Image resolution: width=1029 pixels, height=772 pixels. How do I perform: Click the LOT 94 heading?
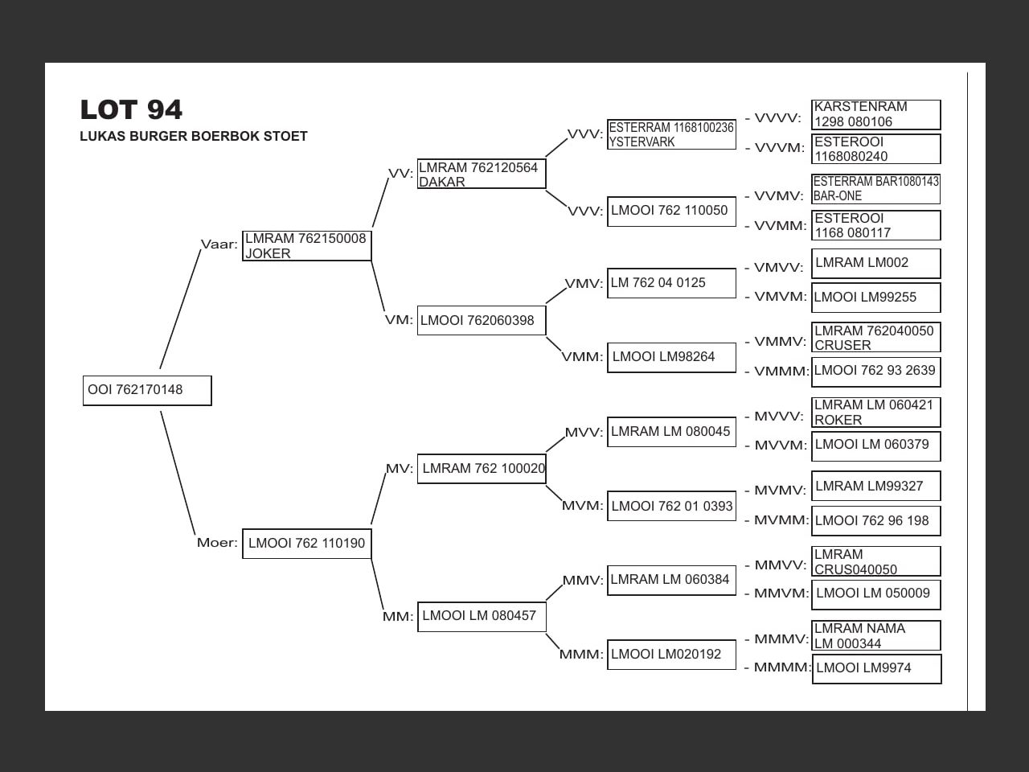coord(131,109)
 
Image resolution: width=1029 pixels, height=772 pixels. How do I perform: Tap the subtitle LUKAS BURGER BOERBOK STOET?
coord(194,136)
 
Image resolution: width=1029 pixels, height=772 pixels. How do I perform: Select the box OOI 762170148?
coord(147,390)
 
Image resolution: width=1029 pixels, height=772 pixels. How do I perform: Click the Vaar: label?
coord(219,244)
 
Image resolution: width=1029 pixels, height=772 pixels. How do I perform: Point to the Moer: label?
coord(217,543)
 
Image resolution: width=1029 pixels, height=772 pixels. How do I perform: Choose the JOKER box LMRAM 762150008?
coord(306,245)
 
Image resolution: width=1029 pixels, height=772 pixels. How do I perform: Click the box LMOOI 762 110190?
coord(306,544)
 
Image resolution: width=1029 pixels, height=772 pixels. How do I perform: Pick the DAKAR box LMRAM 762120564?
coord(481,175)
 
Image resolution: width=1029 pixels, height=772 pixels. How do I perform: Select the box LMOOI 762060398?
coord(481,320)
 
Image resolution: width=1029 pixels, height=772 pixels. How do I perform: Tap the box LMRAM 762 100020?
coord(481,468)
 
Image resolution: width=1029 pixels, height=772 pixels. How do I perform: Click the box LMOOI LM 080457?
coord(481,616)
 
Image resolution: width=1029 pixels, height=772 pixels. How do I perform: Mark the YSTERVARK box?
coord(671,134)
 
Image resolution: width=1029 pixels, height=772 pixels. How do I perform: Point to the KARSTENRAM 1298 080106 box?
coord(875,114)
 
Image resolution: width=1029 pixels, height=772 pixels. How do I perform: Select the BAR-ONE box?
coord(875,188)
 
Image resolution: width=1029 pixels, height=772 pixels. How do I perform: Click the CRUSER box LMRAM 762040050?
coord(875,338)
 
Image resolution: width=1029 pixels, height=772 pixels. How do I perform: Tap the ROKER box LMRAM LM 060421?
coord(875,413)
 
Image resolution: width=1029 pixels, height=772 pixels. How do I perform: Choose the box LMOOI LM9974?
coord(876,668)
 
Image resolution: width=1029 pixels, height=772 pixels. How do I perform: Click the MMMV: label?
coord(781,639)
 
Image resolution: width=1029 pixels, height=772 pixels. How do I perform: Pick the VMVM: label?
coord(780,297)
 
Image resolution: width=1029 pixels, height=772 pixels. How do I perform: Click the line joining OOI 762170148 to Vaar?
coord(180,310)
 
